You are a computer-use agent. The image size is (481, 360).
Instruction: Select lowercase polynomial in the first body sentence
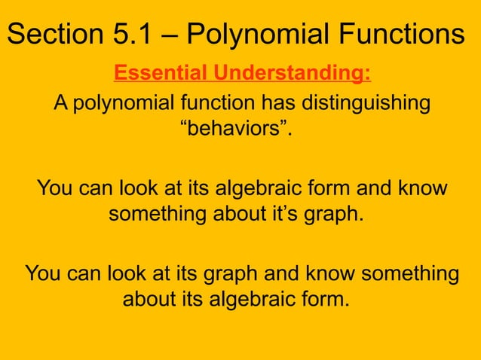(120, 103)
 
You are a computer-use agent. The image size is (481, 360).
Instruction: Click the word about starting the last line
(149, 300)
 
